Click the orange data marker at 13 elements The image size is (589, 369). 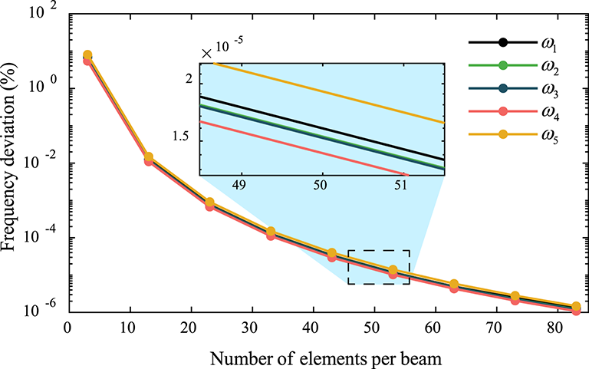tap(149, 157)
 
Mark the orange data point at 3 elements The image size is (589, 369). tap(87, 55)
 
